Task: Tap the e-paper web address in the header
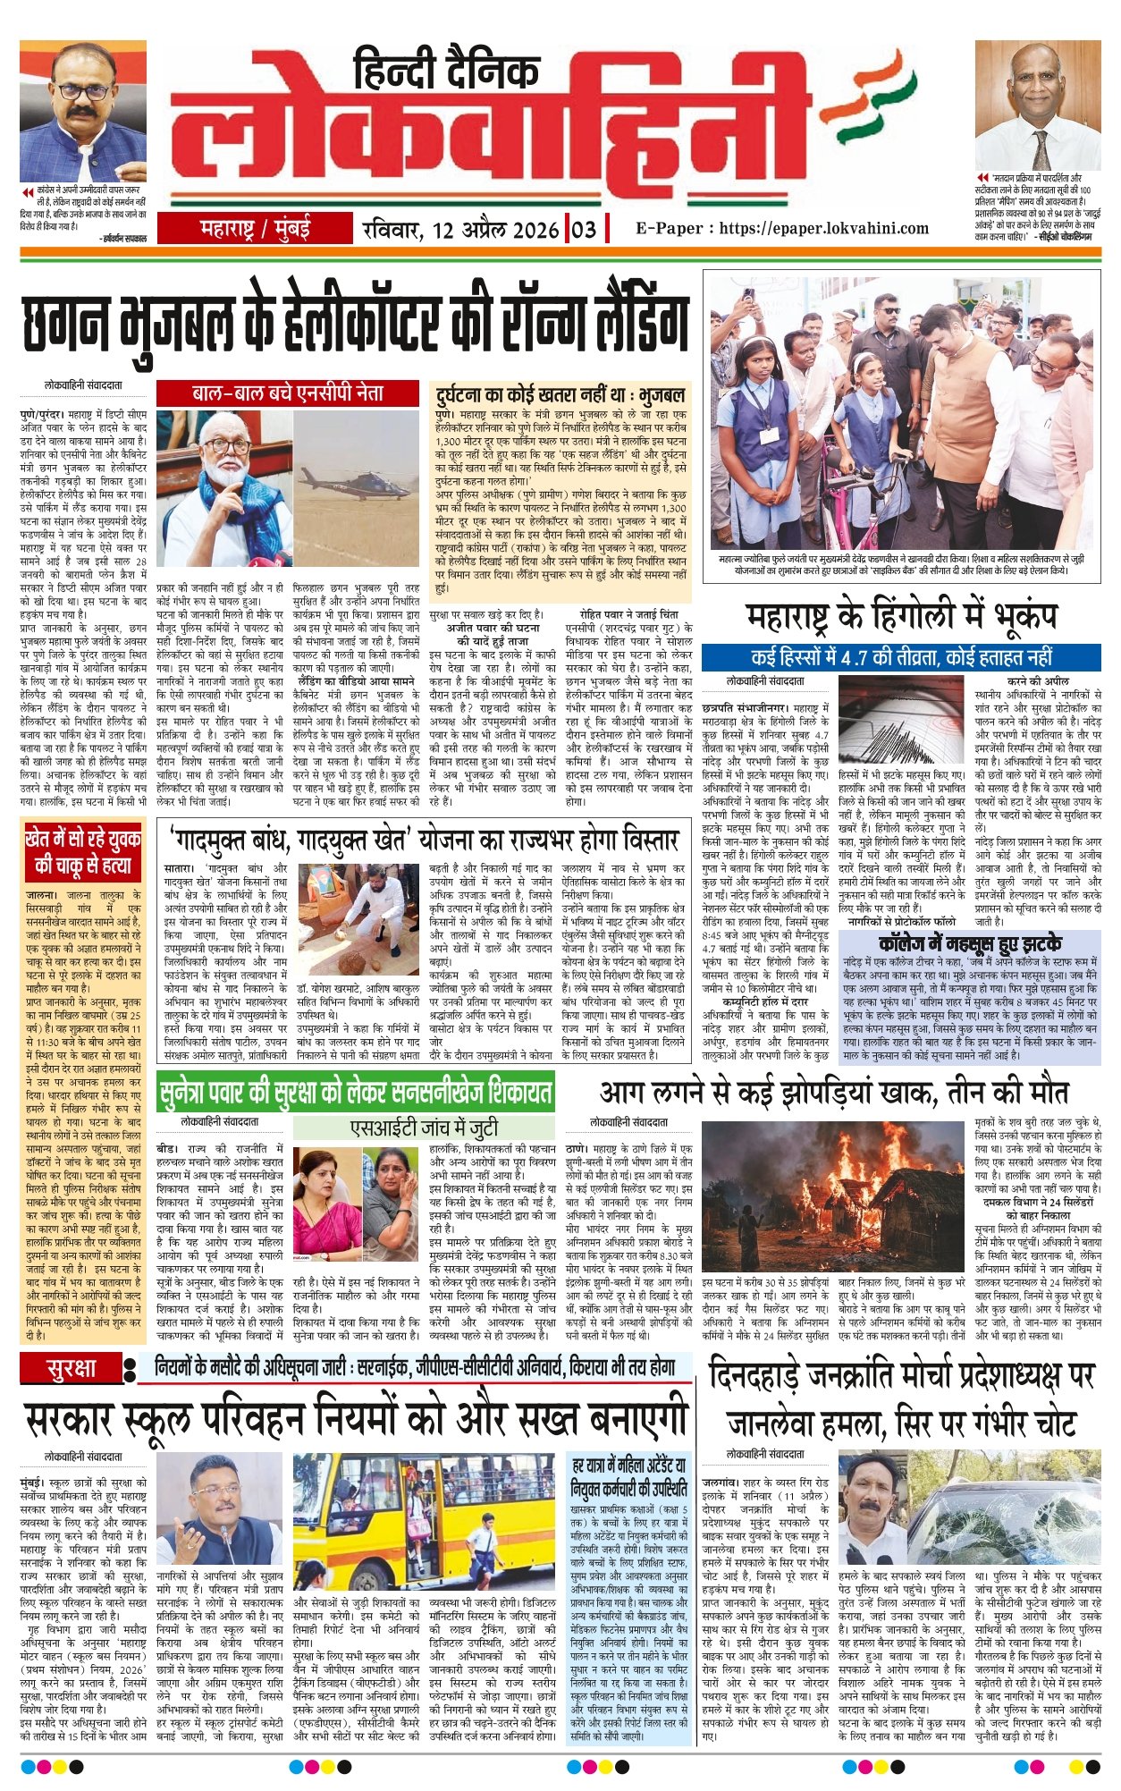[782, 228]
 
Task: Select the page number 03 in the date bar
[584, 229]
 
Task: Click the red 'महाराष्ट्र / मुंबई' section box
[255, 229]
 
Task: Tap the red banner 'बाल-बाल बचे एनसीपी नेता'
[288, 393]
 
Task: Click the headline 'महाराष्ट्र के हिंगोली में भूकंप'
[901, 616]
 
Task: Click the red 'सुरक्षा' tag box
[72, 1368]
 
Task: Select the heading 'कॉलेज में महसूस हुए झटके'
[970, 943]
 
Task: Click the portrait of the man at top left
[83, 111]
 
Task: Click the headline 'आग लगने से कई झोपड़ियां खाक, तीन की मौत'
[833, 1093]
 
